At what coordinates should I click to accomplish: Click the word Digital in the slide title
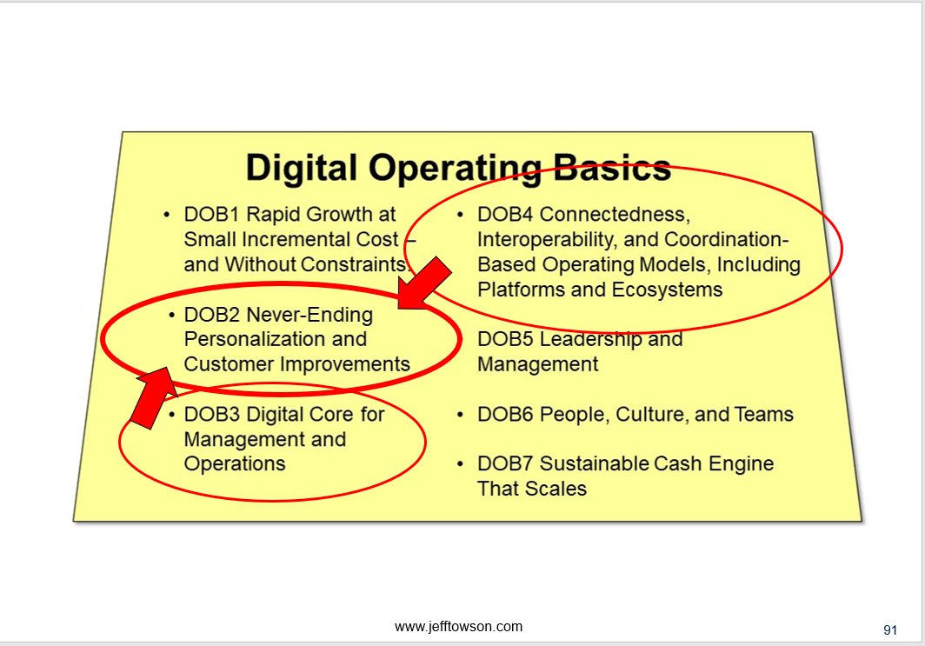tap(301, 168)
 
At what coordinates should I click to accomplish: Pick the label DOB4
tap(505, 214)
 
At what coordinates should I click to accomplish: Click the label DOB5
tap(505, 338)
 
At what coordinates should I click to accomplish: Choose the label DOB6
tap(505, 414)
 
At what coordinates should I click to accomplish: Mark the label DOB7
tap(505, 463)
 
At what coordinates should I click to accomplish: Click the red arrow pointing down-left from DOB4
tap(423, 283)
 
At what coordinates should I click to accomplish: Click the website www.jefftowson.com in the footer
tap(458, 627)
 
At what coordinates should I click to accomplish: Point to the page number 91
tap(890, 630)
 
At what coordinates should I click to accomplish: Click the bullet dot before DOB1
tap(167, 215)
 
